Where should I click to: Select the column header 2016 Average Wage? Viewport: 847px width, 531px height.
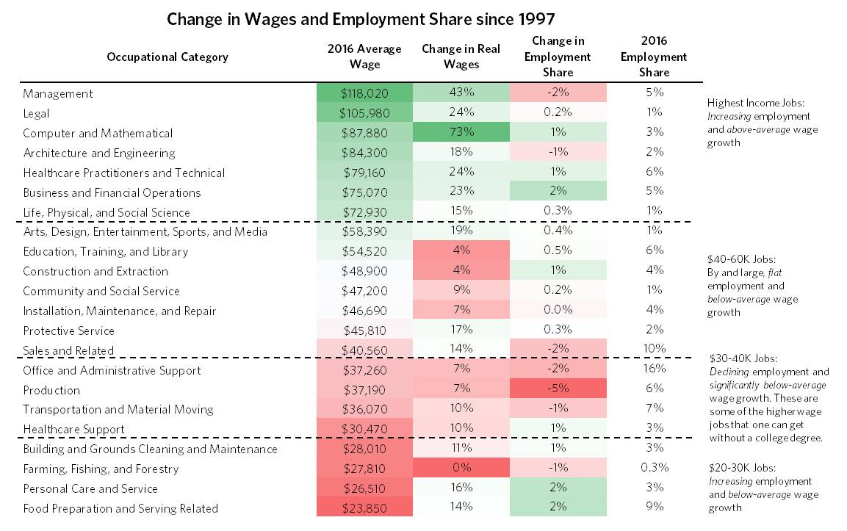[x=364, y=57]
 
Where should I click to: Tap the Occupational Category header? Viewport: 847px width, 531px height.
[x=167, y=57]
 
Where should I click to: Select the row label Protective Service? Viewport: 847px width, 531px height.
[x=69, y=330]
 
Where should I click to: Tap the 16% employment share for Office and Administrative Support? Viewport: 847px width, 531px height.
[x=654, y=369]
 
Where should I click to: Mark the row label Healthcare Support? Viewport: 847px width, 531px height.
[x=73, y=429]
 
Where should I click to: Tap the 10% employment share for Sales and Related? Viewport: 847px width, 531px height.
[x=654, y=350]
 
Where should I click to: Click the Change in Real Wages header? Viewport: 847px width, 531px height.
[x=461, y=57]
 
